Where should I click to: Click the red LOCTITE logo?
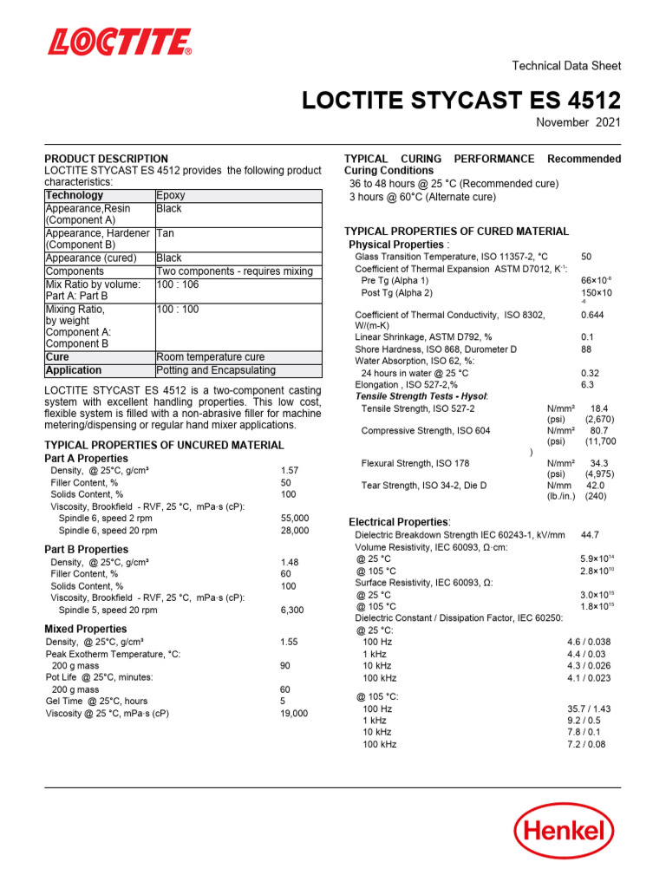(120, 42)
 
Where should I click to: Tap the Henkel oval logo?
(570, 832)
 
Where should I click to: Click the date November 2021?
(578, 123)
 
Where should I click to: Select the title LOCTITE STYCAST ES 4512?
(460, 101)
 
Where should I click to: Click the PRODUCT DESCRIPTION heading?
(107, 159)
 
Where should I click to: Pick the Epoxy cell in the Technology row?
(170, 196)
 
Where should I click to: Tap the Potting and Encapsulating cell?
(216, 370)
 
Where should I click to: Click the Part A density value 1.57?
(290, 470)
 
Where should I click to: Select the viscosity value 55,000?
(295, 518)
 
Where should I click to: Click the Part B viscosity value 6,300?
(293, 610)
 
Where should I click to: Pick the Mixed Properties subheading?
(86, 629)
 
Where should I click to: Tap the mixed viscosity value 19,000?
(294, 713)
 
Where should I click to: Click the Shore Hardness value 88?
(586, 349)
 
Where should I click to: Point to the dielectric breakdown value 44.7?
(591, 535)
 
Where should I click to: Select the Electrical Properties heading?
(399, 522)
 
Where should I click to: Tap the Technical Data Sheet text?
(567, 66)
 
